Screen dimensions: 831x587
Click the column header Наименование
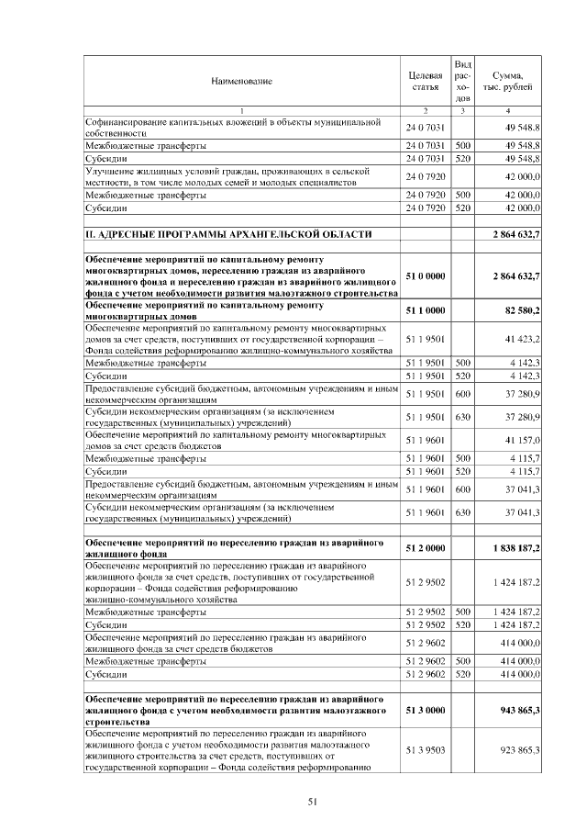point(241,82)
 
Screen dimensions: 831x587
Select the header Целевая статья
point(425,80)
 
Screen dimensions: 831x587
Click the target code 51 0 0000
point(425,275)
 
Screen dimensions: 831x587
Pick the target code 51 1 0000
point(425,311)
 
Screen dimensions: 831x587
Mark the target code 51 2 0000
point(425,548)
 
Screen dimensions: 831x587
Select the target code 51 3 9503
point(425,750)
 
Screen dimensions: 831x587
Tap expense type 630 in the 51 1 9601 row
point(463,511)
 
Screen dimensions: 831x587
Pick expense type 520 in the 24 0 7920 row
point(463,208)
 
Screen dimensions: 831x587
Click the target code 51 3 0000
point(425,710)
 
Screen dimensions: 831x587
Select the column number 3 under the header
point(463,111)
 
